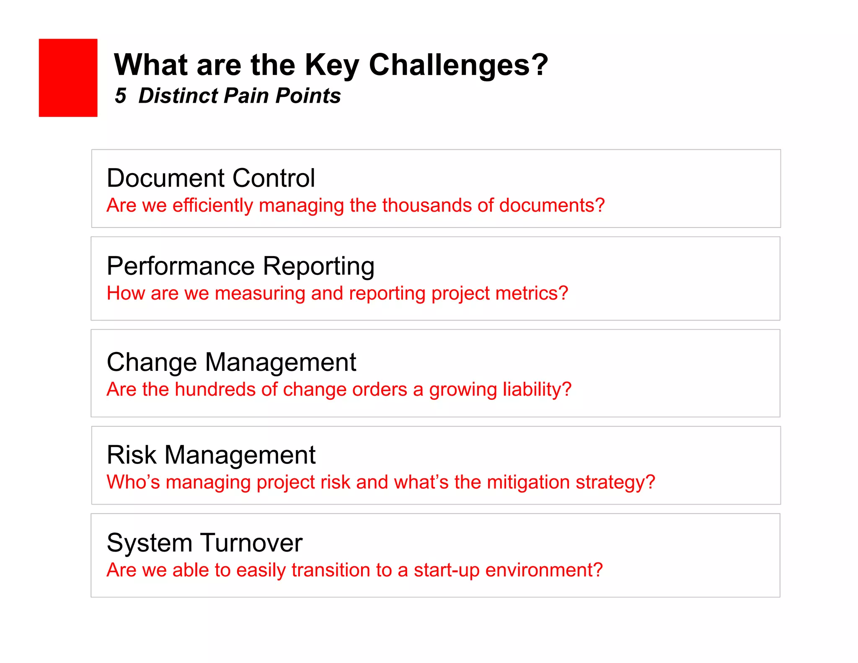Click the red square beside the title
pos(68,78)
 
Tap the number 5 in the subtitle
pos(120,96)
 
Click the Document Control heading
pos(210,178)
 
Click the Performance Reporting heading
pos(240,266)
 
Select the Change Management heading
pos(231,362)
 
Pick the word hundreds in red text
pos(215,389)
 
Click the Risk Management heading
pos(211,455)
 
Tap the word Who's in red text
pos(133,482)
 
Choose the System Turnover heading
pos(204,543)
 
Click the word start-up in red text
pos(446,570)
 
